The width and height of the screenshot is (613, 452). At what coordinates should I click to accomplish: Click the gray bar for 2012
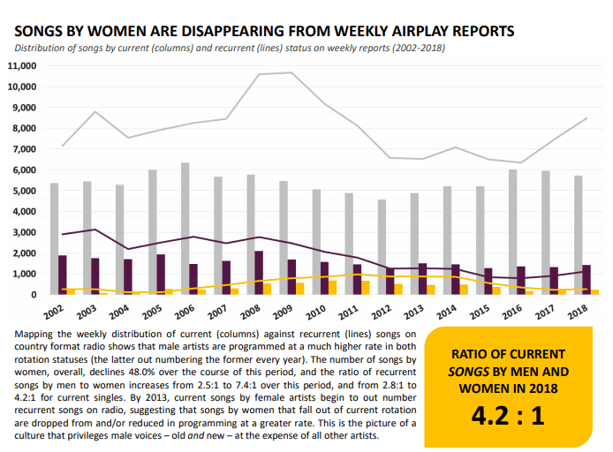click(x=382, y=246)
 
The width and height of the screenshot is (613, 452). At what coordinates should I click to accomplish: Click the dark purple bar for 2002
click(x=62, y=275)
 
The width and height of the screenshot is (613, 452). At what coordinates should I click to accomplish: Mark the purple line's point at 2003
click(x=95, y=230)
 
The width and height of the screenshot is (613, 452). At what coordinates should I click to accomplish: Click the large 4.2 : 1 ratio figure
click(x=508, y=414)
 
